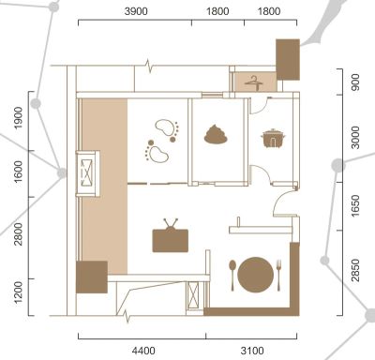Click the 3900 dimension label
coord(136,11)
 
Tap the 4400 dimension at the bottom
coord(143,351)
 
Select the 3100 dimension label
coord(252,351)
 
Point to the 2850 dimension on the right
coord(355,270)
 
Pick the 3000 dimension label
coord(355,138)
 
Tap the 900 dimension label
coord(355,82)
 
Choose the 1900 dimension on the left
coord(19,118)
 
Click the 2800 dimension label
coord(19,234)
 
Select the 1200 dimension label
coord(19,292)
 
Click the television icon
coord(171,235)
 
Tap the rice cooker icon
coord(273,138)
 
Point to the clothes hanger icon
coord(253,82)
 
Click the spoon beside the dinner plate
coord(232,275)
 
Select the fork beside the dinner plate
coord(278,275)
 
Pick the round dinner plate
coord(255,275)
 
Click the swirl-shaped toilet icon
coord(216,134)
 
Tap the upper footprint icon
coord(168,129)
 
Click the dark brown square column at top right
coord(288,59)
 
